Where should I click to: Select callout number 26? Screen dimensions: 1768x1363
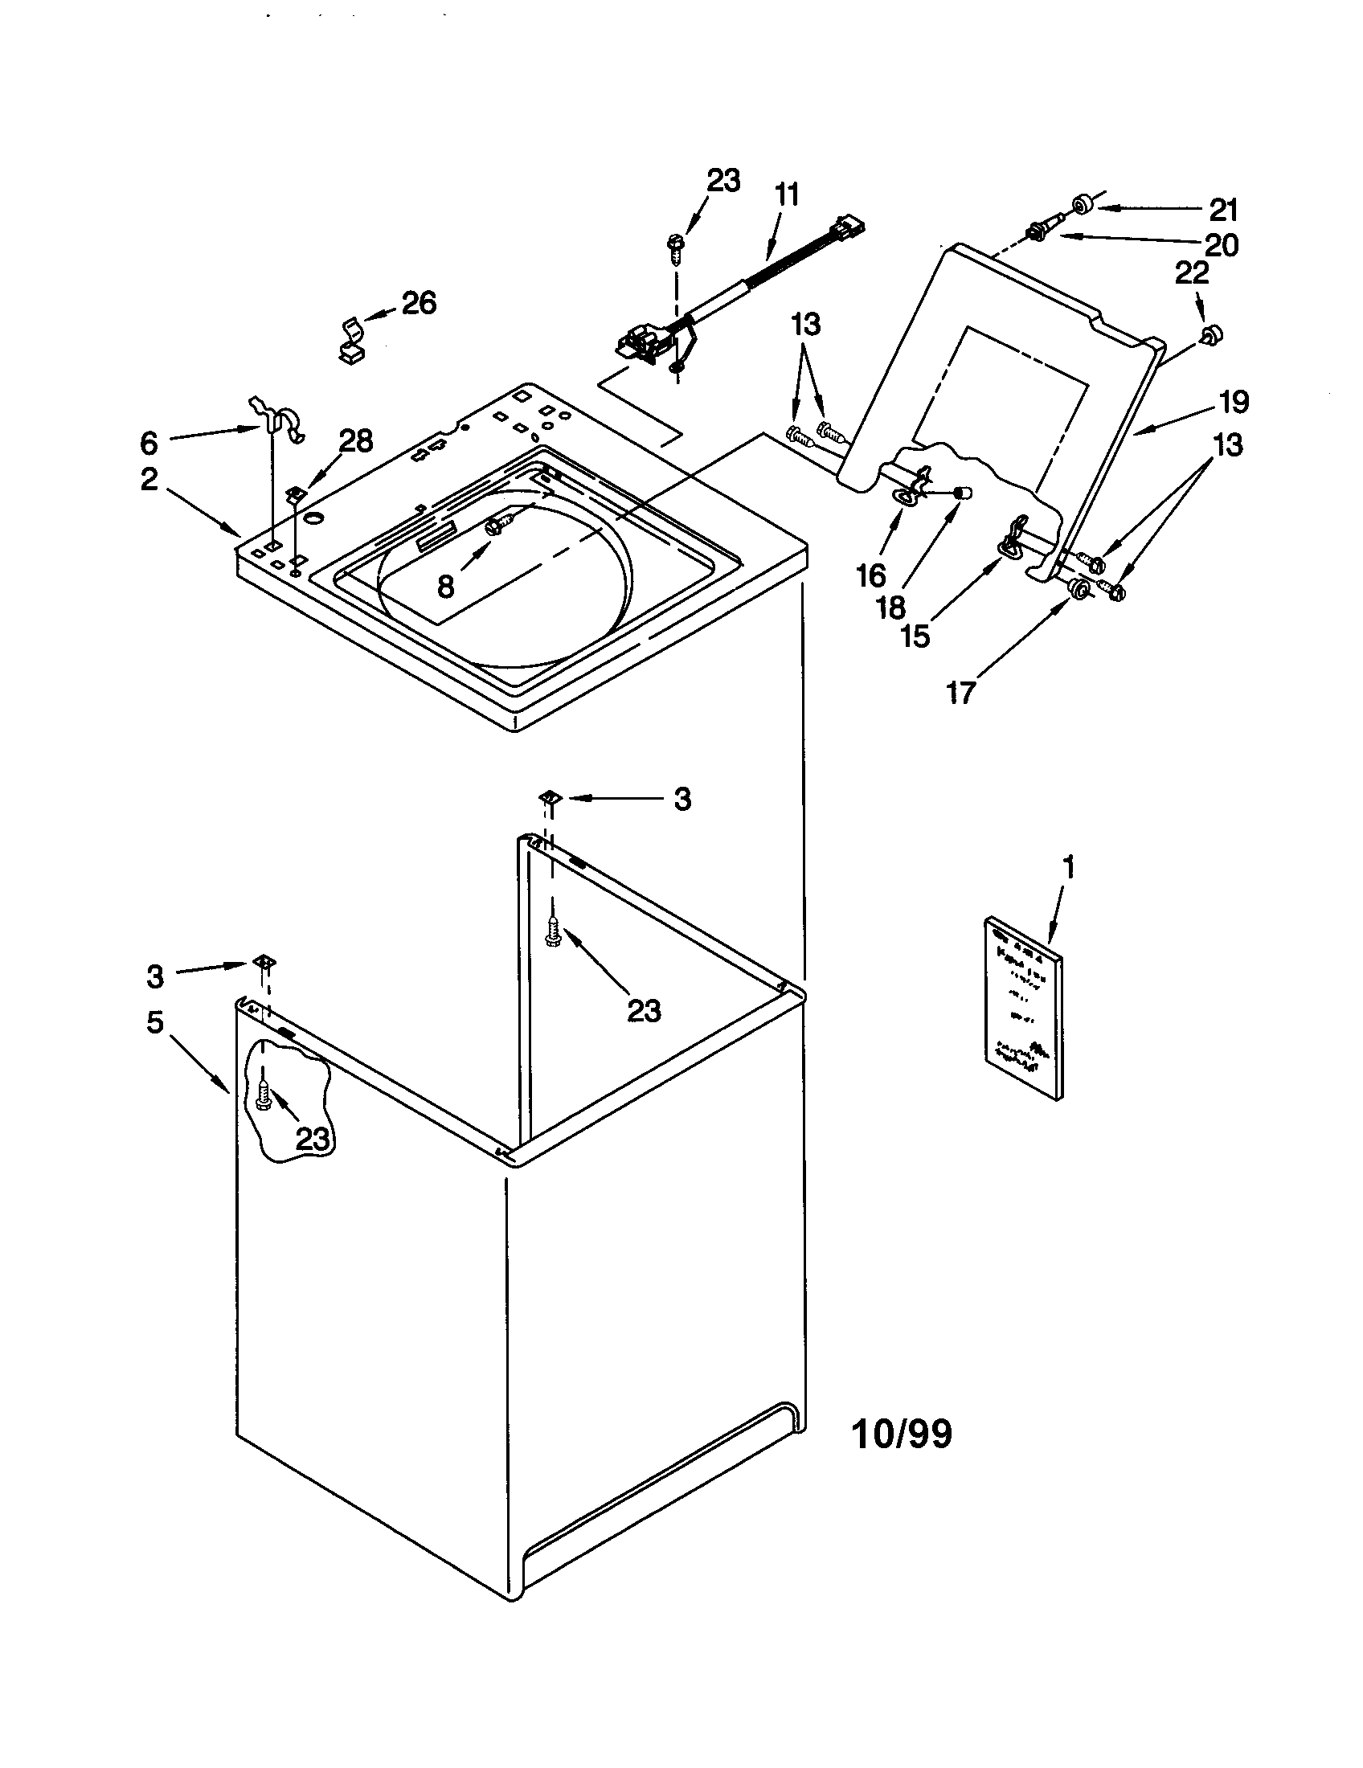419,304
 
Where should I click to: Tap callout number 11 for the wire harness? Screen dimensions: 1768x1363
786,195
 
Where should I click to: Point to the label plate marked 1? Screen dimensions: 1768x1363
1023,1007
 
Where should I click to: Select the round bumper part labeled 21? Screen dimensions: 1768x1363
1083,206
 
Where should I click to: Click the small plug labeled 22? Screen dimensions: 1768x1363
1211,334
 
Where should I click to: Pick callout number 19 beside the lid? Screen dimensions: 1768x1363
1233,402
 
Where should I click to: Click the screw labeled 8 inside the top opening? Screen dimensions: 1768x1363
494,527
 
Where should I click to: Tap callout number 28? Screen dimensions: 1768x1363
355,441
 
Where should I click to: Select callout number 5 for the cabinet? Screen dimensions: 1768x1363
155,1022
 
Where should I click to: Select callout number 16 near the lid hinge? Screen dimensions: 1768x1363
872,575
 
